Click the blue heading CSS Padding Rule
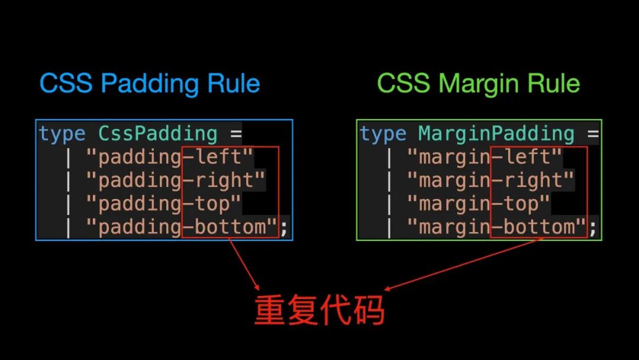click(x=150, y=83)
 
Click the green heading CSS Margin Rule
click(x=478, y=83)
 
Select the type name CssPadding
click(x=158, y=134)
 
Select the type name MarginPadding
click(x=496, y=134)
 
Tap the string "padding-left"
click(x=170, y=157)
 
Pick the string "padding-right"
click(x=176, y=181)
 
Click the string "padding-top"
click(x=164, y=204)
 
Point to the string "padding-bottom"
click(x=182, y=227)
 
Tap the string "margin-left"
click(x=484, y=157)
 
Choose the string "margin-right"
click(x=490, y=181)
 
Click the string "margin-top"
click(x=478, y=204)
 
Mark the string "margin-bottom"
click(x=496, y=227)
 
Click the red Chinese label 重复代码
click(x=319, y=310)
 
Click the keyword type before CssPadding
click(x=62, y=134)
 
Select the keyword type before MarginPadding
click(x=383, y=134)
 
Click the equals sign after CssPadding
click(x=235, y=134)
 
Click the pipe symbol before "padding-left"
click(x=69, y=157)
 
